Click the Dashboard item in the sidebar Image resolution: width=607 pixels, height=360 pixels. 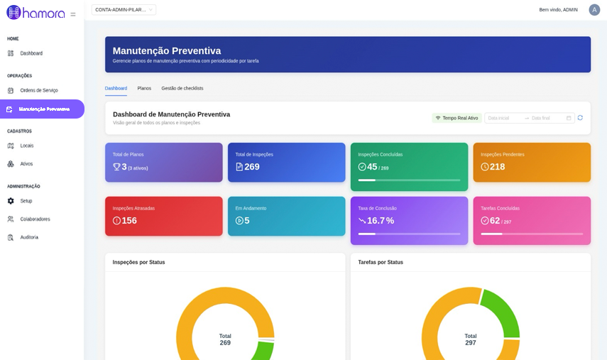pos(25,53)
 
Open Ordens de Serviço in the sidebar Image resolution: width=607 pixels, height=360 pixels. pos(33,91)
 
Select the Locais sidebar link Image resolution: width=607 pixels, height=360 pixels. pos(21,146)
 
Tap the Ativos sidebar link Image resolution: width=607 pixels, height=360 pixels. pos(20,164)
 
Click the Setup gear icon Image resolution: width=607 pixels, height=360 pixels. pos(11,201)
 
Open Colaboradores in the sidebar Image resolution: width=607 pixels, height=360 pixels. pos(29,219)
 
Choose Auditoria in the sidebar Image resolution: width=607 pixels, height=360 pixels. pos(23,237)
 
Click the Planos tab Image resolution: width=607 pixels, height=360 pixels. pos(144,88)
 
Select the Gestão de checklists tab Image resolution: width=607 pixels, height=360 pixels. pos(182,88)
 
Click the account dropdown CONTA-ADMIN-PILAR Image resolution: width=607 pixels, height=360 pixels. pos(124,10)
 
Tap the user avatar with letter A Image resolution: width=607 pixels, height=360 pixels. pos(594,10)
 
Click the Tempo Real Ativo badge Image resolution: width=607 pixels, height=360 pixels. pos(456,118)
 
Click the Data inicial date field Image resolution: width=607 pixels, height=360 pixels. pos(503,118)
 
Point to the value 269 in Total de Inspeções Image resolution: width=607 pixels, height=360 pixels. pos(252,167)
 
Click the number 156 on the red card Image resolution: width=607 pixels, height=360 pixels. pos(129,221)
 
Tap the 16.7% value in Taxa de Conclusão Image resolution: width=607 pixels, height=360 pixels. pos(381,221)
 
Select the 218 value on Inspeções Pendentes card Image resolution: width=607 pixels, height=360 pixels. pos(498,167)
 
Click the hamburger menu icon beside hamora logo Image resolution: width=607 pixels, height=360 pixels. pos(73,14)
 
